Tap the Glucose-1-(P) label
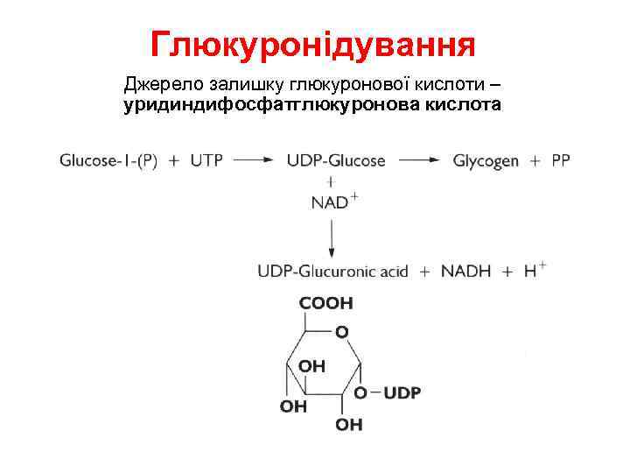[x=108, y=161]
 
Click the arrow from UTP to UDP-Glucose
[x=255, y=161]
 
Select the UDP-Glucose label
[x=335, y=161]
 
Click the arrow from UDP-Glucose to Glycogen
[x=420, y=161]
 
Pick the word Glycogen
[x=486, y=161]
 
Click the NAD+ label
[x=333, y=202]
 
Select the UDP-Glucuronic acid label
[x=333, y=272]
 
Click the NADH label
[x=465, y=272]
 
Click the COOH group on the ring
[x=326, y=303]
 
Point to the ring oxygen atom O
[x=342, y=333]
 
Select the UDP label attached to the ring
[x=402, y=394]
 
